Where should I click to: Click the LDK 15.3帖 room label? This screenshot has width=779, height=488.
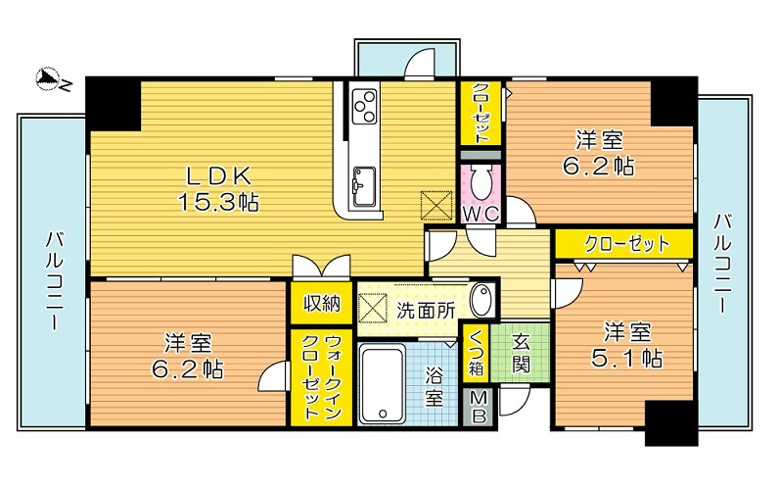tap(218, 188)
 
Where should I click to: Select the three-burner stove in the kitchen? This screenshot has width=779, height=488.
tap(365, 106)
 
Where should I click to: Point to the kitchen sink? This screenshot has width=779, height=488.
tap(364, 186)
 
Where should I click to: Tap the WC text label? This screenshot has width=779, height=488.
tap(480, 214)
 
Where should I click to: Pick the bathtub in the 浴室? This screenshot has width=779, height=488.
tap(382, 385)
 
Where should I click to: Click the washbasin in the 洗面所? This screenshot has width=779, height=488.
tap(482, 300)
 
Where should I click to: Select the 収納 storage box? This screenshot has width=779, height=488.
tap(321, 303)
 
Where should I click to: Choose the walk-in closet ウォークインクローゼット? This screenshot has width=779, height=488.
tap(321, 377)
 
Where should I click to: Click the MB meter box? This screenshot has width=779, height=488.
tap(479, 407)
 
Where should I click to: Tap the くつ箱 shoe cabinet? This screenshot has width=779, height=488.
tap(476, 353)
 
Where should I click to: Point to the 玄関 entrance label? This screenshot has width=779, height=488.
tap(521, 354)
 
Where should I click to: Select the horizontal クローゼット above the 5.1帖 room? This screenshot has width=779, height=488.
tap(624, 244)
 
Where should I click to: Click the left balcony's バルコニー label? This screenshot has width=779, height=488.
tap(53, 280)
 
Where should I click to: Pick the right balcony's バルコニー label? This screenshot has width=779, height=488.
tap(722, 264)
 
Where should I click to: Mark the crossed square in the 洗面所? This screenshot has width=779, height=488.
tap(373, 308)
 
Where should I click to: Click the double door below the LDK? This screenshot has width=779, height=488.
tap(321, 267)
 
